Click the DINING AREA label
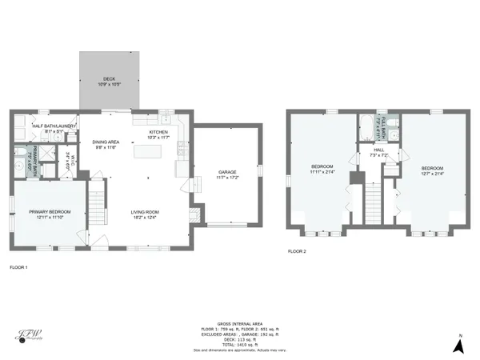click(x=106, y=141)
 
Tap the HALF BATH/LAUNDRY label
click(x=54, y=126)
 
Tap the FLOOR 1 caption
click(x=18, y=266)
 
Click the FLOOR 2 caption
click(x=297, y=251)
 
